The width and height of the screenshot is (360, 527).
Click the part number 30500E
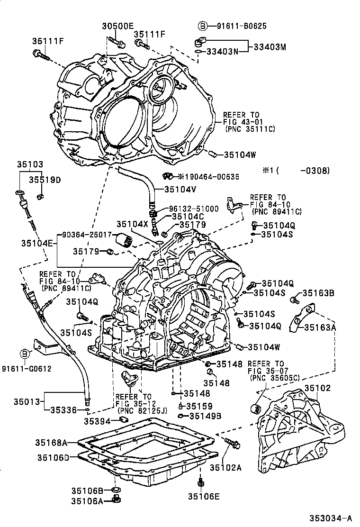click(118, 27)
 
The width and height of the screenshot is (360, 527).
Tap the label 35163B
click(318, 293)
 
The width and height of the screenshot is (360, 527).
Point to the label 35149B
click(205, 416)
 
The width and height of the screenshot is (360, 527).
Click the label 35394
click(97, 421)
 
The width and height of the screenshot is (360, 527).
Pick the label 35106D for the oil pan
click(54, 457)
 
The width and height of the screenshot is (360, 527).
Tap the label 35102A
click(225, 468)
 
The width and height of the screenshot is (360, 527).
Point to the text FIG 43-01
click(241, 122)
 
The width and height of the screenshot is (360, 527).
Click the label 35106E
click(204, 496)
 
